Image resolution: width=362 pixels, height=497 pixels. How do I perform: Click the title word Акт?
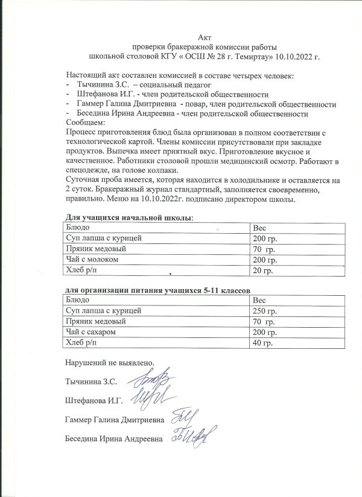tap(205, 37)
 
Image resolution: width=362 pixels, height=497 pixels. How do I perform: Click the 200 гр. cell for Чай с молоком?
tap(264, 260)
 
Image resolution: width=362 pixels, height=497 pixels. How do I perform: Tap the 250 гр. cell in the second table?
tap(264, 311)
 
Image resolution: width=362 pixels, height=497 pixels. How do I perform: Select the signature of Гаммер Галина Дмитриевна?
tap(183, 416)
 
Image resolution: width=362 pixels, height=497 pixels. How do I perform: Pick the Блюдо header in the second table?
tap(78, 300)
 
